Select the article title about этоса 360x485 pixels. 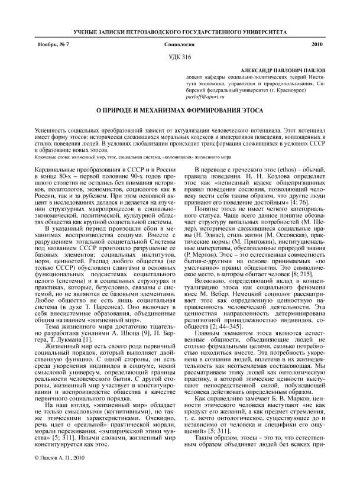pyautogui.click(x=180, y=111)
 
